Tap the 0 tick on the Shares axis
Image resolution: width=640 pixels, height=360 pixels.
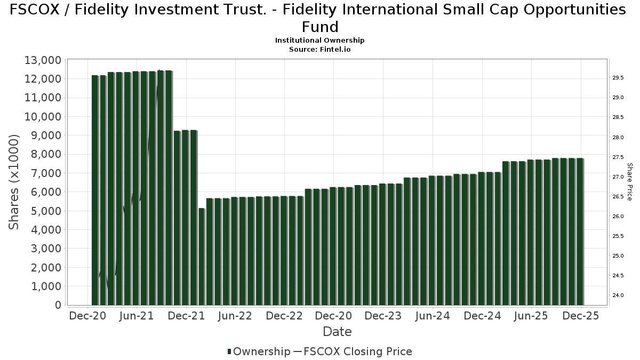pos(57,305)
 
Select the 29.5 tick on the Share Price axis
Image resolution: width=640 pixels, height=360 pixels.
pos(619,78)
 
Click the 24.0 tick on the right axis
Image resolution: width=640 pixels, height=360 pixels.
pos(619,295)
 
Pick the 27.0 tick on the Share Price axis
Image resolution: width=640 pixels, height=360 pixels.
pos(619,177)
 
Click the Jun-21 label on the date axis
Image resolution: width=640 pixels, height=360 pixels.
pos(137,316)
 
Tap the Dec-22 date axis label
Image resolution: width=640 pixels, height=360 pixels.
pos(284,316)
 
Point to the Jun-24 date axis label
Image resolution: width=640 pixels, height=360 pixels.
pos(432,316)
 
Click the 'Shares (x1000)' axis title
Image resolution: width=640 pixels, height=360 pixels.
pos(14,182)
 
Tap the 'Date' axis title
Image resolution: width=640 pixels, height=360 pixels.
pos(337,332)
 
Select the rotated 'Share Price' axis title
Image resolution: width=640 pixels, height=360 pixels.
pos(629,182)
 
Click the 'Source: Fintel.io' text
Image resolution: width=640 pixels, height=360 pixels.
pos(319,49)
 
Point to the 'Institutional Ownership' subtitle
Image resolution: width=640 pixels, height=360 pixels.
pos(319,41)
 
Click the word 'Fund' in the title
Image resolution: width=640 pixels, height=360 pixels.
pos(320,27)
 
